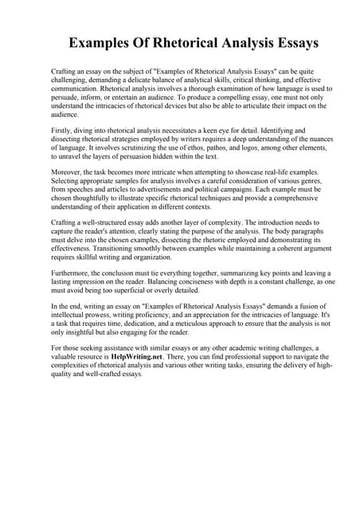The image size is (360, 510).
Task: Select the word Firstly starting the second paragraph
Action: pos(63,126)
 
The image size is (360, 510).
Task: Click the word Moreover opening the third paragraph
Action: pos(68,171)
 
